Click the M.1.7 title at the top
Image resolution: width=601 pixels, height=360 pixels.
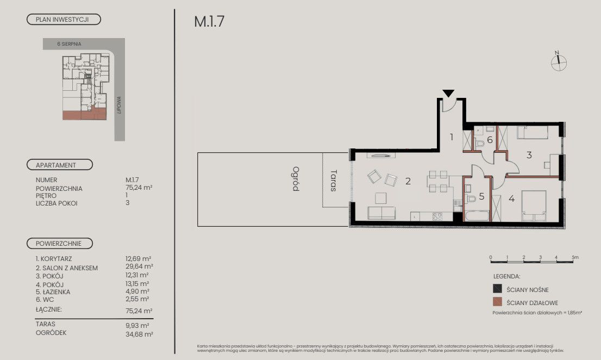click(209, 21)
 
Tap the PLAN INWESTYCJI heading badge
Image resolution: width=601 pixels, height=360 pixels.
click(64, 20)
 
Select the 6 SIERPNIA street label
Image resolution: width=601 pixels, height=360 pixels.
click(69, 44)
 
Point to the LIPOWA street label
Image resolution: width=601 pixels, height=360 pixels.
click(119, 105)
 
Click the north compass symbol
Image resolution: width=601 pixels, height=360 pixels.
click(559, 63)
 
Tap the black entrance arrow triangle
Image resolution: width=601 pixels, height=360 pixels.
click(448, 94)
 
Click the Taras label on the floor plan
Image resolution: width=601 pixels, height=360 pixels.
click(334, 181)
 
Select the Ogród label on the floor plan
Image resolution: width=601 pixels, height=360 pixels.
click(296, 179)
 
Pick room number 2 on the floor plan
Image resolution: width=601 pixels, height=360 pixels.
click(408, 181)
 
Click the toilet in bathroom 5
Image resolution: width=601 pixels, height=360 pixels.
click(470, 198)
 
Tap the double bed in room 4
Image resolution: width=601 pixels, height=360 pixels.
click(534, 206)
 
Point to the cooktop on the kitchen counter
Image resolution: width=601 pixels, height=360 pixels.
click(437, 216)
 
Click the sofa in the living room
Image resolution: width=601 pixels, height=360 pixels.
click(381, 213)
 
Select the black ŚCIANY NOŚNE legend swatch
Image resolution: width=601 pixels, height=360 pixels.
click(497, 289)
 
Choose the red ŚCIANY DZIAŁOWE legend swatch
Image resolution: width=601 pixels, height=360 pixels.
click(497, 302)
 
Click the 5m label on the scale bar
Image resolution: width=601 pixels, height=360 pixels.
click(575, 257)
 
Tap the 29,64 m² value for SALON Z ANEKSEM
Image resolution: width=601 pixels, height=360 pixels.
click(139, 266)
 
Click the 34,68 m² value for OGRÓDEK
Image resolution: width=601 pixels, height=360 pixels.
click(139, 334)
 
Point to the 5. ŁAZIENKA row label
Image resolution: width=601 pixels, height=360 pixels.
click(53, 292)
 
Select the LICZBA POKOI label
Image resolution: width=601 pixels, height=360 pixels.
click(57, 203)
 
